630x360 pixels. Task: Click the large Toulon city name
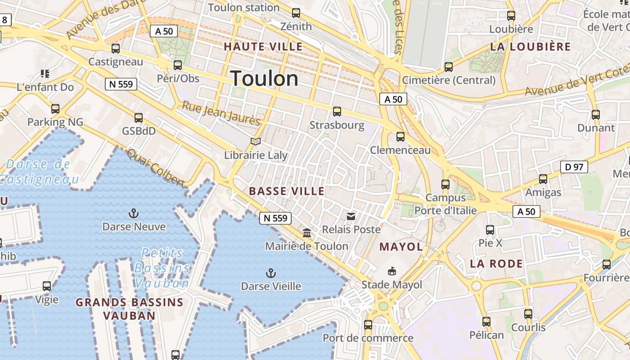[x=264, y=79]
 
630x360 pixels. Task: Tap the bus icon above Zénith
[x=296, y=13]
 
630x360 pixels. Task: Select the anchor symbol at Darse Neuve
[x=134, y=213]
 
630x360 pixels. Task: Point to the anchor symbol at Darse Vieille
[x=270, y=273]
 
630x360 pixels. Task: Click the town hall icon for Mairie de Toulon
[x=307, y=233]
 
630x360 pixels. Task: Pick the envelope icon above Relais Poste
[x=351, y=216]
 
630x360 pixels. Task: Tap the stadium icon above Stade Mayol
[x=392, y=271]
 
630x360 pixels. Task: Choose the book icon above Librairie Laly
[x=256, y=142]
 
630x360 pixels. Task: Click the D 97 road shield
[x=574, y=167]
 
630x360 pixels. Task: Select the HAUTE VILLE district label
[x=263, y=46]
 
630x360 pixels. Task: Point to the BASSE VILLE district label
[x=287, y=191]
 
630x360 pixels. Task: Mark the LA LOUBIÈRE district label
[x=531, y=47]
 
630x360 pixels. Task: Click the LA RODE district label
[x=496, y=264]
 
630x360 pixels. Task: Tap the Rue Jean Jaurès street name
[x=221, y=113]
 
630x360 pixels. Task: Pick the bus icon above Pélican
[x=486, y=322]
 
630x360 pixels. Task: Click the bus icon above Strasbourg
[x=337, y=112]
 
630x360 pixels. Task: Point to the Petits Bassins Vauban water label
[x=162, y=268]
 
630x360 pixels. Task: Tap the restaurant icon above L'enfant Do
[x=45, y=73]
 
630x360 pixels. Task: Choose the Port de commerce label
[x=368, y=338]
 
